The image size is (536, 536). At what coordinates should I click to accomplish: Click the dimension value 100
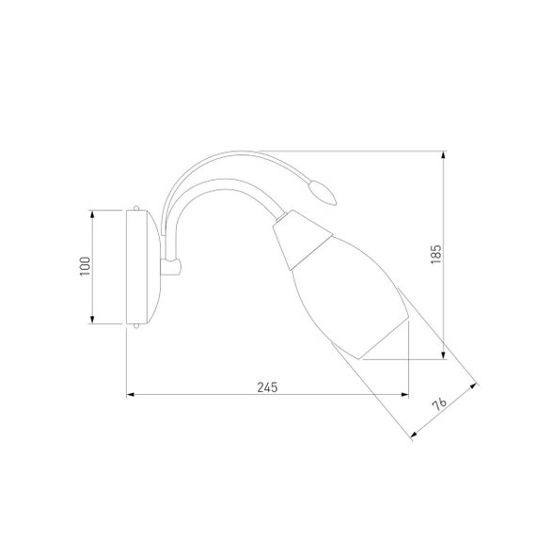click(85, 266)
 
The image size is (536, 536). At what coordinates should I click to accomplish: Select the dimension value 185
click(435, 254)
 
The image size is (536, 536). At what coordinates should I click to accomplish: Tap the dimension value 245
click(267, 387)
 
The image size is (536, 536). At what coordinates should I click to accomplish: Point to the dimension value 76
click(439, 403)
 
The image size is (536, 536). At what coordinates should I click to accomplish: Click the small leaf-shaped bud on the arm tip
click(323, 194)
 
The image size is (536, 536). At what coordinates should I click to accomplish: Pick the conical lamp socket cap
click(302, 240)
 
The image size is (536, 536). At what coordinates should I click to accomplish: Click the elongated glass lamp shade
click(350, 297)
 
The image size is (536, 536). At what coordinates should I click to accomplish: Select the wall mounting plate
click(143, 267)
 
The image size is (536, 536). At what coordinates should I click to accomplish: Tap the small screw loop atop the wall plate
click(136, 208)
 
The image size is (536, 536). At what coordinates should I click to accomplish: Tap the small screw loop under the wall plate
click(136, 326)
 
